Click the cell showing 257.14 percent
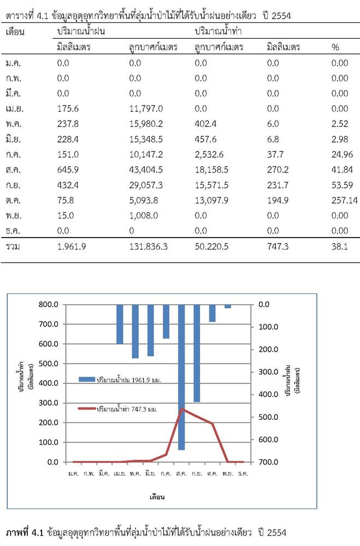[344, 200]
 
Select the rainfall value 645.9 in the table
[68, 170]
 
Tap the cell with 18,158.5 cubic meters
[211, 170]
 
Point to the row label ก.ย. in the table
[13, 185]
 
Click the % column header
[335, 47]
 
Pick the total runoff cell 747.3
[278, 247]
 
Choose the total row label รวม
[13, 247]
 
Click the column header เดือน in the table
[15, 32]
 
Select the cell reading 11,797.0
[146, 109]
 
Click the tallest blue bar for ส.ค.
[181, 377]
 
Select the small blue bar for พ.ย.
[228, 306]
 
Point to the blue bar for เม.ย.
[120, 324]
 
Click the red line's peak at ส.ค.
[182, 409]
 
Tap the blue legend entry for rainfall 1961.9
[120, 379]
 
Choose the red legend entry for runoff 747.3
[117, 409]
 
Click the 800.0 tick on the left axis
[48, 304]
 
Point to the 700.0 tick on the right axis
[268, 462]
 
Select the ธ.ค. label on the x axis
[243, 473]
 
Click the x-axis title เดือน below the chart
[157, 497]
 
